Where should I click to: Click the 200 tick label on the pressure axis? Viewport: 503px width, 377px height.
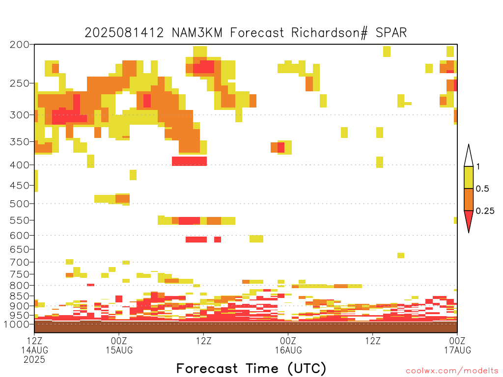[19, 45]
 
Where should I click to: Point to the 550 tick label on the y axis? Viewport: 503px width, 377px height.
[19, 220]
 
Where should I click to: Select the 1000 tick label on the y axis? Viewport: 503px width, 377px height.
[16, 324]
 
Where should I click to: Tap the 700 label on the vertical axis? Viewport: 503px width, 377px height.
[19, 262]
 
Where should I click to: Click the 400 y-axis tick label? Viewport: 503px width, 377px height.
[19, 165]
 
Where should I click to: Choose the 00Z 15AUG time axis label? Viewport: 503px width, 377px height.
[119, 345]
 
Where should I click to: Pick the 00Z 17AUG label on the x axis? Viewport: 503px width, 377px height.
[457, 345]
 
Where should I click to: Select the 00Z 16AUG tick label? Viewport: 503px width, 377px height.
[288, 345]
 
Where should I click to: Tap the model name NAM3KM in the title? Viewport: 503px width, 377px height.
[197, 33]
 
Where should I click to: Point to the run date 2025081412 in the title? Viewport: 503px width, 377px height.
[124, 33]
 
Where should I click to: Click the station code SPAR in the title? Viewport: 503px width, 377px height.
[391, 33]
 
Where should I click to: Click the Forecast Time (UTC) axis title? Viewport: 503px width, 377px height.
[251, 369]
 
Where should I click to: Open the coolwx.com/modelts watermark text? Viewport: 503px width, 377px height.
[452, 371]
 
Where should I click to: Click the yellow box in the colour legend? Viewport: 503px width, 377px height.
[469, 177]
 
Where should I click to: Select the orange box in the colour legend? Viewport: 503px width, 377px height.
[469, 199]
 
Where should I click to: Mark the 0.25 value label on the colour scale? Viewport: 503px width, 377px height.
[485, 211]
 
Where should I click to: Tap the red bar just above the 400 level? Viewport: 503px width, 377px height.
[189, 161]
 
